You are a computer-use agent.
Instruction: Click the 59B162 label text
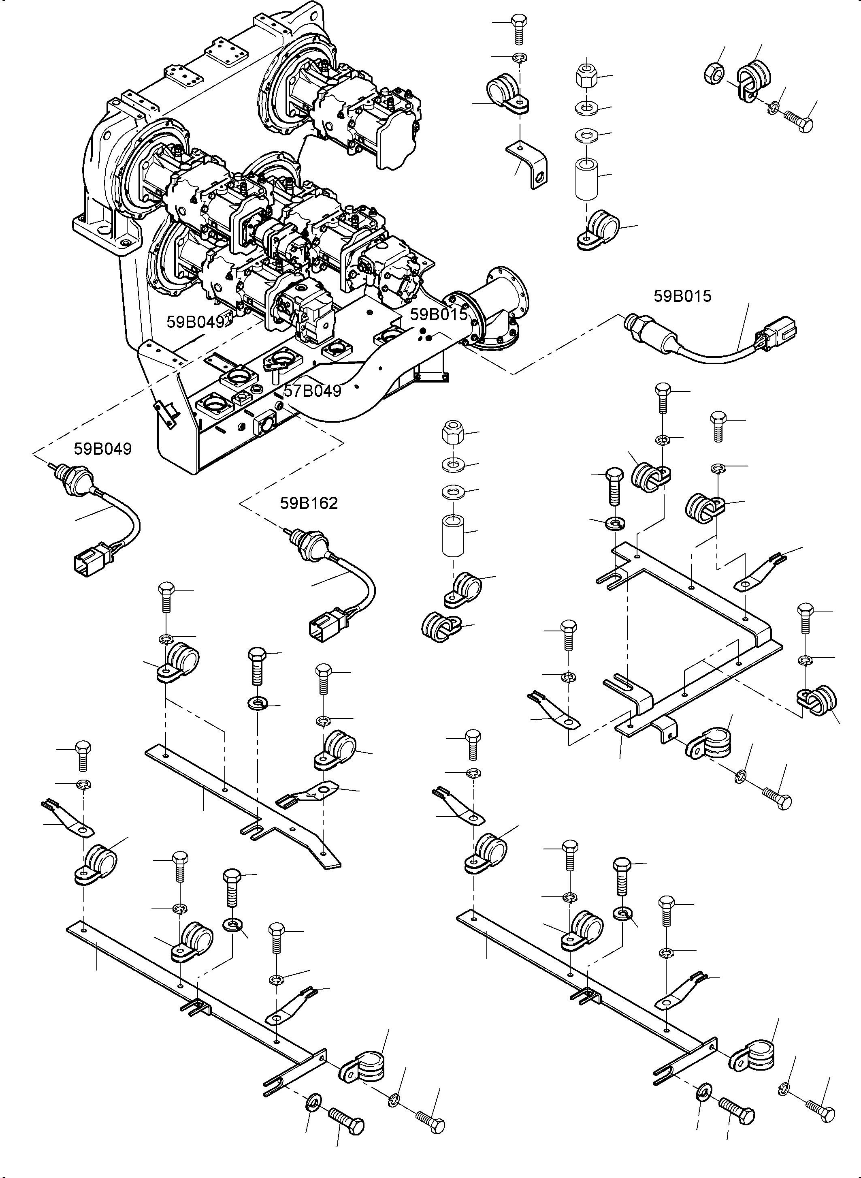click(x=309, y=503)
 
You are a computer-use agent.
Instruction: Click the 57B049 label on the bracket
click(x=312, y=391)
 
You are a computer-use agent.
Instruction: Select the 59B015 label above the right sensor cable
click(x=682, y=296)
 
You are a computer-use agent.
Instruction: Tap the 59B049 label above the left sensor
click(x=103, y=449)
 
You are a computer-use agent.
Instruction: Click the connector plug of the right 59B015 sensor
click(x=778, y=329)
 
